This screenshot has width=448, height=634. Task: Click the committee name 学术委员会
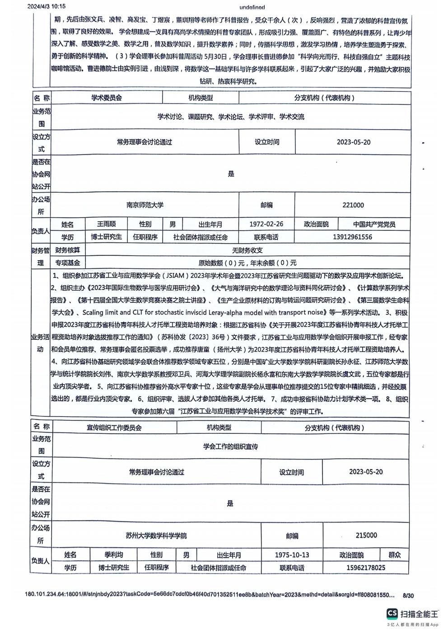point(107,98)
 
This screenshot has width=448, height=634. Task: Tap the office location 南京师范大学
point(145,205)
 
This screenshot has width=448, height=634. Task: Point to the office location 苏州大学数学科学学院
point(156,535)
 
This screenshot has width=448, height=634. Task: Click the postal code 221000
point(353,205)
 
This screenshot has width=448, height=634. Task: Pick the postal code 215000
point(366,535)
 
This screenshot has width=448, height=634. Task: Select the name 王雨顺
point(107,224)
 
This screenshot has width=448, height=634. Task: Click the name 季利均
point(113,555)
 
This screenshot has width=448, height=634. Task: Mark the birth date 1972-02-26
point(266,224)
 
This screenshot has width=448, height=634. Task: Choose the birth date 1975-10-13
point(292,555)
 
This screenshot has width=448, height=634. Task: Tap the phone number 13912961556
point(352,237)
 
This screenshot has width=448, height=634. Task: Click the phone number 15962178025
point(366,568)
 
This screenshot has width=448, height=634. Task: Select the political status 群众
point(394,555)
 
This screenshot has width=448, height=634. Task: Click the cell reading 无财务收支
point(247,250)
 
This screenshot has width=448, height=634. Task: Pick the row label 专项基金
point(67,263)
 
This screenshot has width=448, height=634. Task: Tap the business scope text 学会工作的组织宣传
point(230,446)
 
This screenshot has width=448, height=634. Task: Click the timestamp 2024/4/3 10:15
point(47,6)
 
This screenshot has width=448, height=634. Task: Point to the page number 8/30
point(408,596)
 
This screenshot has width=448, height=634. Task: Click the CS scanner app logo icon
point(392,613)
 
